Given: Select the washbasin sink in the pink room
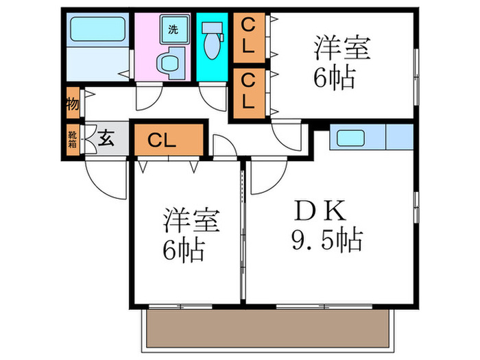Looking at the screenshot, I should click(x=167, y=62).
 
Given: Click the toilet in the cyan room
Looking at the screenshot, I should click(x=211, y=41).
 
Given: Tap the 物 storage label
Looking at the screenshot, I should click(x=72, y=105).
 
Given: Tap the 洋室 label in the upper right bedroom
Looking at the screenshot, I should click(x=342, y=49).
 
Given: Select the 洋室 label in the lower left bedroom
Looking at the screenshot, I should click(x=191, y=223).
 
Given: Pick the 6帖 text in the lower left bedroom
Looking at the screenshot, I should click(x=183, y=252).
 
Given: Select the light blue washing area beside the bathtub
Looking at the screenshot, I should click(x=95, y=65).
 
